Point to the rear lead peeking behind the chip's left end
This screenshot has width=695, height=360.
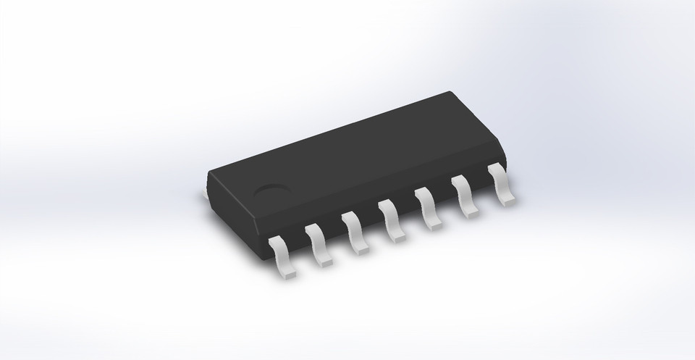point(204,192)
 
